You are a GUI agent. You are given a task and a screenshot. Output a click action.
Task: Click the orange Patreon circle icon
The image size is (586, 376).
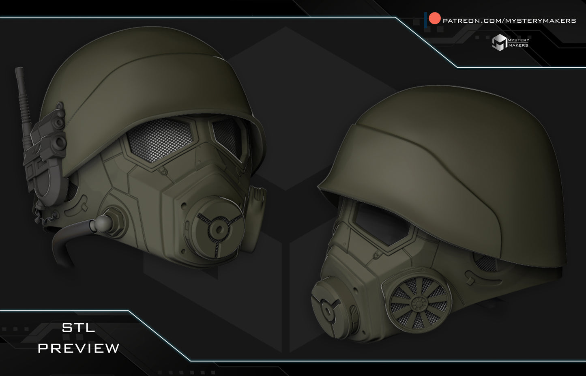coord(435,18)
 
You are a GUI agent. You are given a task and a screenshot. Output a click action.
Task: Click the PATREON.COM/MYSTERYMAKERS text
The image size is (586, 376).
coord(509,21)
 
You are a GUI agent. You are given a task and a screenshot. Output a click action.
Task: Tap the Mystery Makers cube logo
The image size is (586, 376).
coord(499,42)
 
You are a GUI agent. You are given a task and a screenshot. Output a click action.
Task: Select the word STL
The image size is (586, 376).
coord(78,328)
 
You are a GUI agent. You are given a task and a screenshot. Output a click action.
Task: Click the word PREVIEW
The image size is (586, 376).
coord(79,348)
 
